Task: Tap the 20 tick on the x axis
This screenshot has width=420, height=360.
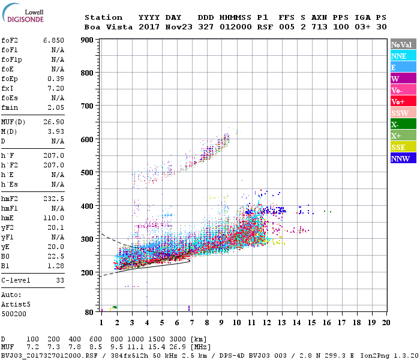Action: tap(386, 322)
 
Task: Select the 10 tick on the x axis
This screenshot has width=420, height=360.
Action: tap(236, 322)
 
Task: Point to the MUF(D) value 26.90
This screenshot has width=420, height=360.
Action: tap(53, 122)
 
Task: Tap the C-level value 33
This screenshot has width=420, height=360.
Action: tap(59, 280)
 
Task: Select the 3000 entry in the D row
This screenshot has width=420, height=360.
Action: tap(179, 339)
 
